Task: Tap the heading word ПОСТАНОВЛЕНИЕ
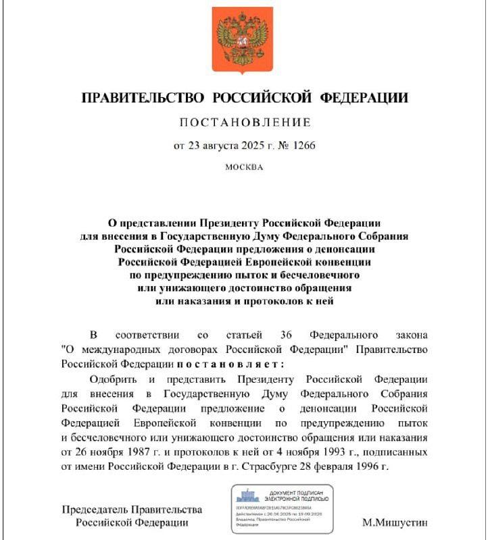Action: point(244,122)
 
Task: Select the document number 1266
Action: point(303,145)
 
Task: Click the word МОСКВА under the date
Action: point(244,167)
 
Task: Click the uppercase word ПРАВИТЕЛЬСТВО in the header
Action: point(143,98)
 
